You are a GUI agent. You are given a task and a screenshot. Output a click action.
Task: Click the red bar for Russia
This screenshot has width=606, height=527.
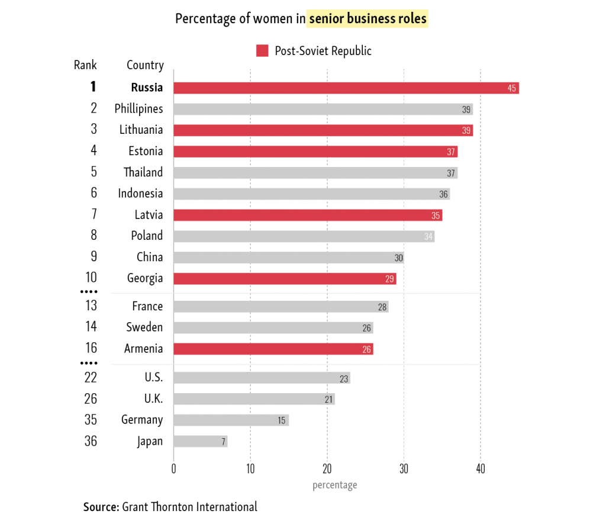click(346, 88)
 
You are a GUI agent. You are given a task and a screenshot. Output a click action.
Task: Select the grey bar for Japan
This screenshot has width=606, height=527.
click(201, 441)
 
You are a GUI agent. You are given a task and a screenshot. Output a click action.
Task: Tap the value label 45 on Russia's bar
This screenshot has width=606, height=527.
click(512, 88)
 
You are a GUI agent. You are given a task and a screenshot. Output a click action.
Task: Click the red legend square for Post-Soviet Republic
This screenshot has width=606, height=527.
click(262, 51)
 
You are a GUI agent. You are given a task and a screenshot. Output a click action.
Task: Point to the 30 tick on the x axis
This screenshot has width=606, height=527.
click(404, 470)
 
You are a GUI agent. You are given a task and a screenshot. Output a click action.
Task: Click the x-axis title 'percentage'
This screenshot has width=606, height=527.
click(334, 485)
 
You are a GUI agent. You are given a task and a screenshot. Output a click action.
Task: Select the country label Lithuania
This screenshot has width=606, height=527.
click(141, 130)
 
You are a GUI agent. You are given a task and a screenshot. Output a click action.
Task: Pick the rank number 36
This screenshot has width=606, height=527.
click(91, 441)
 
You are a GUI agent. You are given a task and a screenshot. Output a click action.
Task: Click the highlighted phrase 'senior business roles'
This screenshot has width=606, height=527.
click(367, 19)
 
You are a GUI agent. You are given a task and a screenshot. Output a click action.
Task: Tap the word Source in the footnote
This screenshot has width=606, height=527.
click(101, 507)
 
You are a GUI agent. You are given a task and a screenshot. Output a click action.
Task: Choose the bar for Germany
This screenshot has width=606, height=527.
click(231, 420)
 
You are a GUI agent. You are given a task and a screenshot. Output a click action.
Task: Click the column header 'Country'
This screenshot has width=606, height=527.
click(145, 65)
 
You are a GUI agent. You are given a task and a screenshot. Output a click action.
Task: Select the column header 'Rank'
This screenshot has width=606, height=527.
click(85, 65)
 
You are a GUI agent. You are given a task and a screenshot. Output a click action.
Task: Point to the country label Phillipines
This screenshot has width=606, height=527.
click(138, 109)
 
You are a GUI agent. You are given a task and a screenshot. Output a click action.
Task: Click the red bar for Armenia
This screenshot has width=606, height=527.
click(273, 349)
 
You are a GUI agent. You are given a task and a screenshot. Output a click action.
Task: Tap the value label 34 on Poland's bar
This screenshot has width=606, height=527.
click(428, 237)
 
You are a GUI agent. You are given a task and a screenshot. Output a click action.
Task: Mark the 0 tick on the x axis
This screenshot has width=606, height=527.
click(173, 470)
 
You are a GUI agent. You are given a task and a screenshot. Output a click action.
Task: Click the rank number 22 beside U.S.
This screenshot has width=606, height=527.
click(91, 377)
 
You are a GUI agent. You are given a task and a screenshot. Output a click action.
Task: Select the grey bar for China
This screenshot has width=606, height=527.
click(288, 258)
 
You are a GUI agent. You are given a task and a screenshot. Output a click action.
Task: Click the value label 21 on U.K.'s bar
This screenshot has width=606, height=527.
click(328, 399)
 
